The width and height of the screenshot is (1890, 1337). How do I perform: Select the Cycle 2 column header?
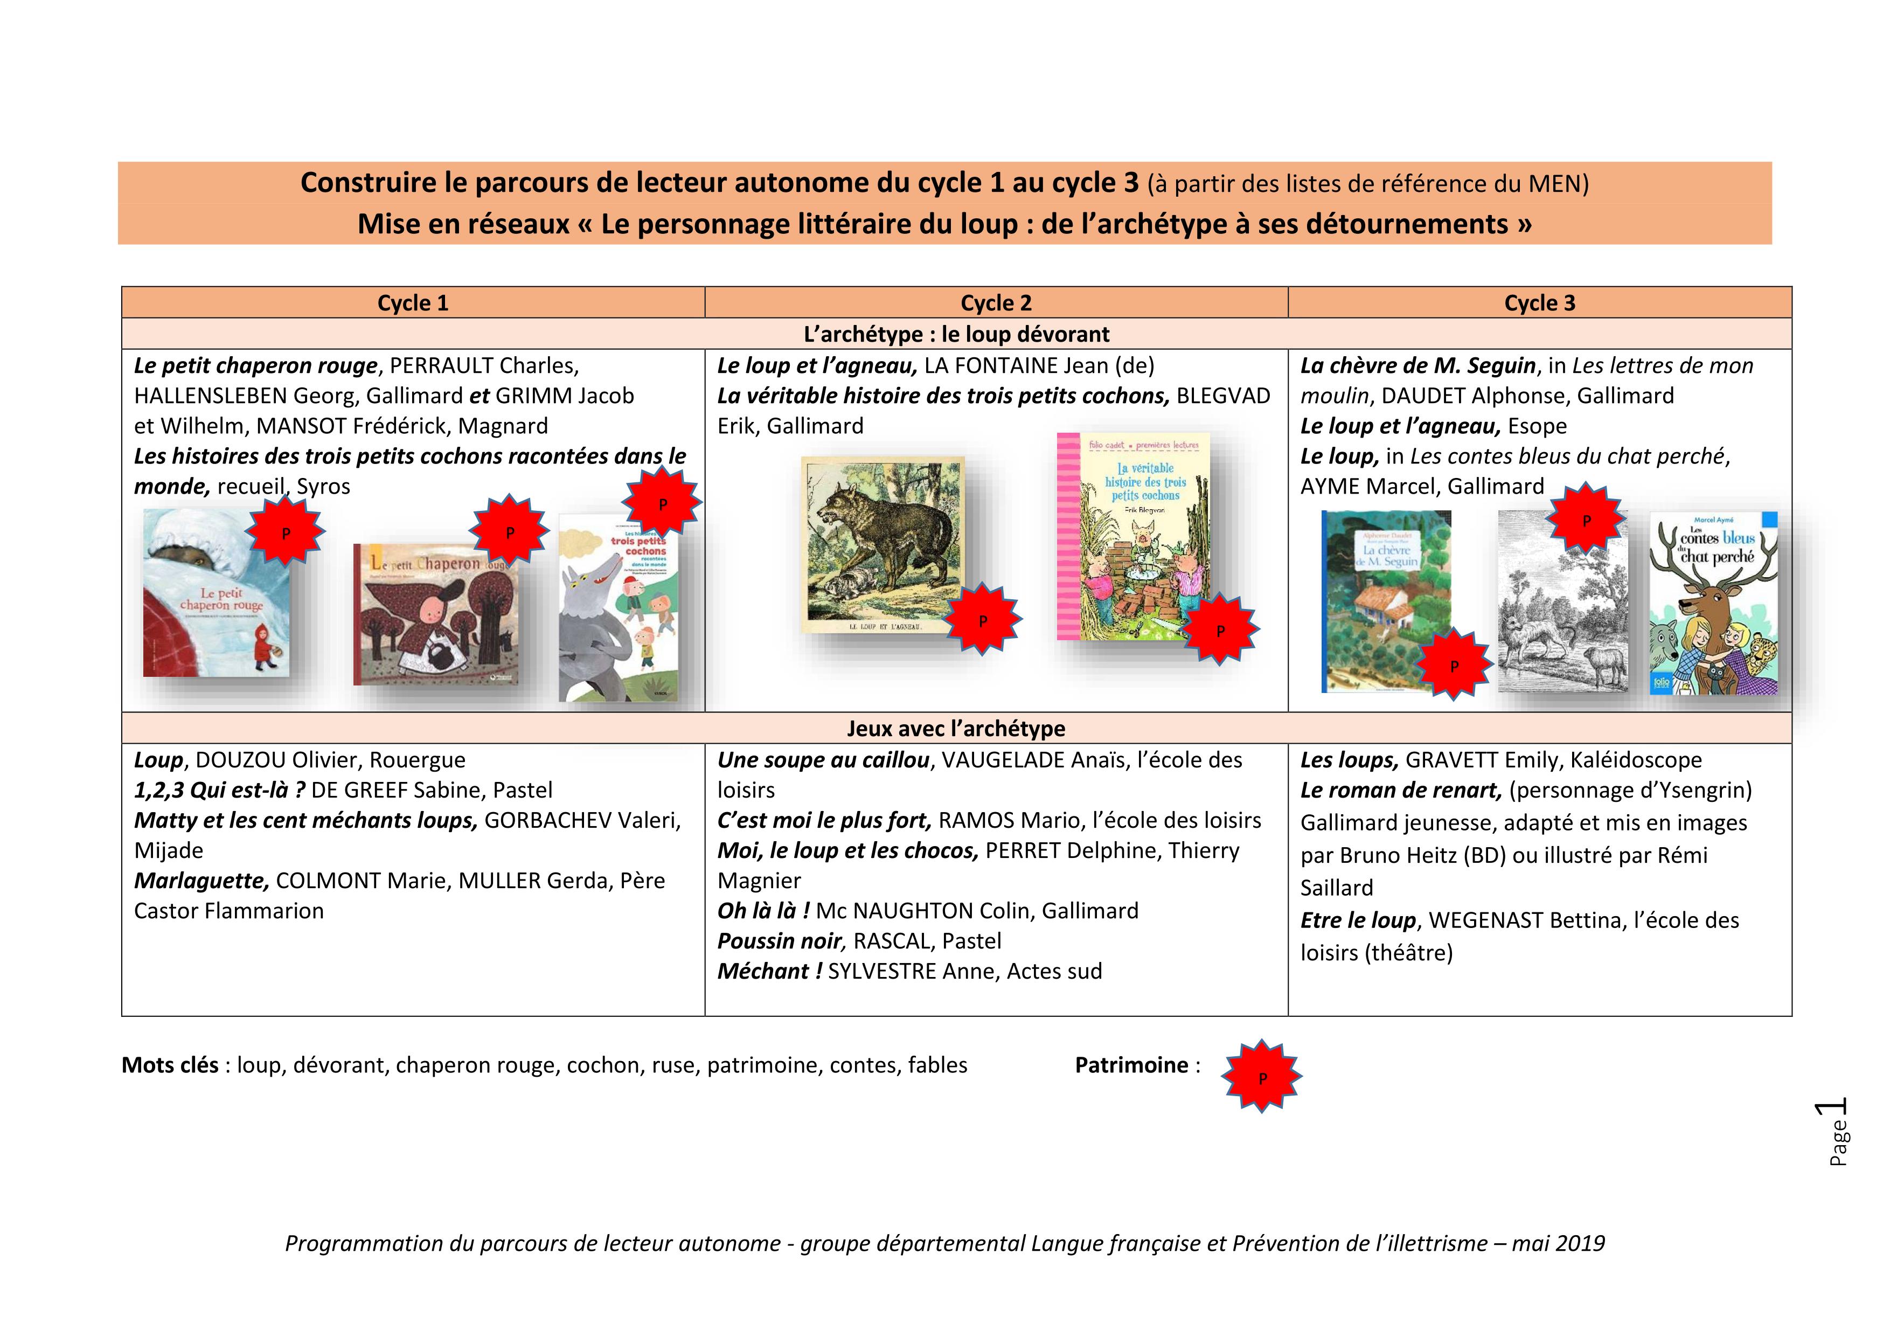click(x=996, y=303)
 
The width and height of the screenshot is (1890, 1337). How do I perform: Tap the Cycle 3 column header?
click(x=1539, y=303)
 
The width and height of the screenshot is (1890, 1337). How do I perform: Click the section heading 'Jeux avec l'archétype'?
click(x=956, y=729)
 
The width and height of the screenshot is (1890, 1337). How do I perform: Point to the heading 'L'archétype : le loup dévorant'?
click(x=956, y=334)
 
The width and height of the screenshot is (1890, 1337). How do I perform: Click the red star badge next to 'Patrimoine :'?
click(x=1262, y=1078)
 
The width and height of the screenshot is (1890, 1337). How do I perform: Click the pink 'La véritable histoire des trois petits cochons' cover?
click(x=1134, y=535)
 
